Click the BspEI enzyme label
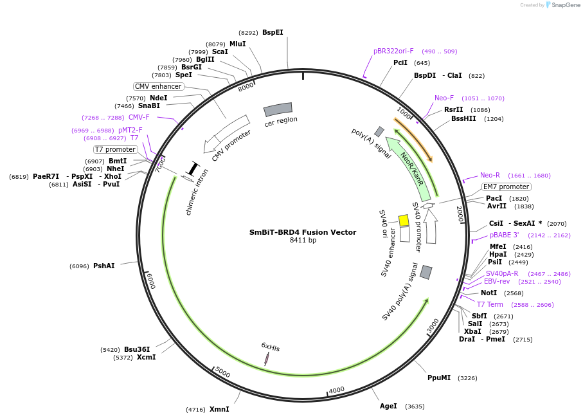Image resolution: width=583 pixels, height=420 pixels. point(273,32)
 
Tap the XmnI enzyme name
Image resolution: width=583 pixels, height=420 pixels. point(219,409)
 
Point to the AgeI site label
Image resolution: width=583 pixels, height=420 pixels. point(388,406)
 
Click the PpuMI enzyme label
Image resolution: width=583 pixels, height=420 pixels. point(439,378)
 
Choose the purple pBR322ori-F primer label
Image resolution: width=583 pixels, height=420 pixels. point(393,51)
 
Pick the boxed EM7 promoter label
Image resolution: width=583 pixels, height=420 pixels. point(507,187)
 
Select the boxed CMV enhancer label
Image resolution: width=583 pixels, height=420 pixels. point(158,86)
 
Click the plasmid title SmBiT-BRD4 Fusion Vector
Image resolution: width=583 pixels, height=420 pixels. point(302,232)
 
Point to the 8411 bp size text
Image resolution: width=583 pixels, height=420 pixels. point(303,241)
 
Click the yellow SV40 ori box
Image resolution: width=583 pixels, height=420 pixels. point(404,221)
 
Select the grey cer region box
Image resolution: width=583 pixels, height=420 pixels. point(278,109)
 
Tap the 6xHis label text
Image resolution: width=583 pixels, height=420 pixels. point(270,347)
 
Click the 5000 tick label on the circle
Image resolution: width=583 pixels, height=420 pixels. point(222,372)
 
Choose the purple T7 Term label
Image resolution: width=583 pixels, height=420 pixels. point(490,304)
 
